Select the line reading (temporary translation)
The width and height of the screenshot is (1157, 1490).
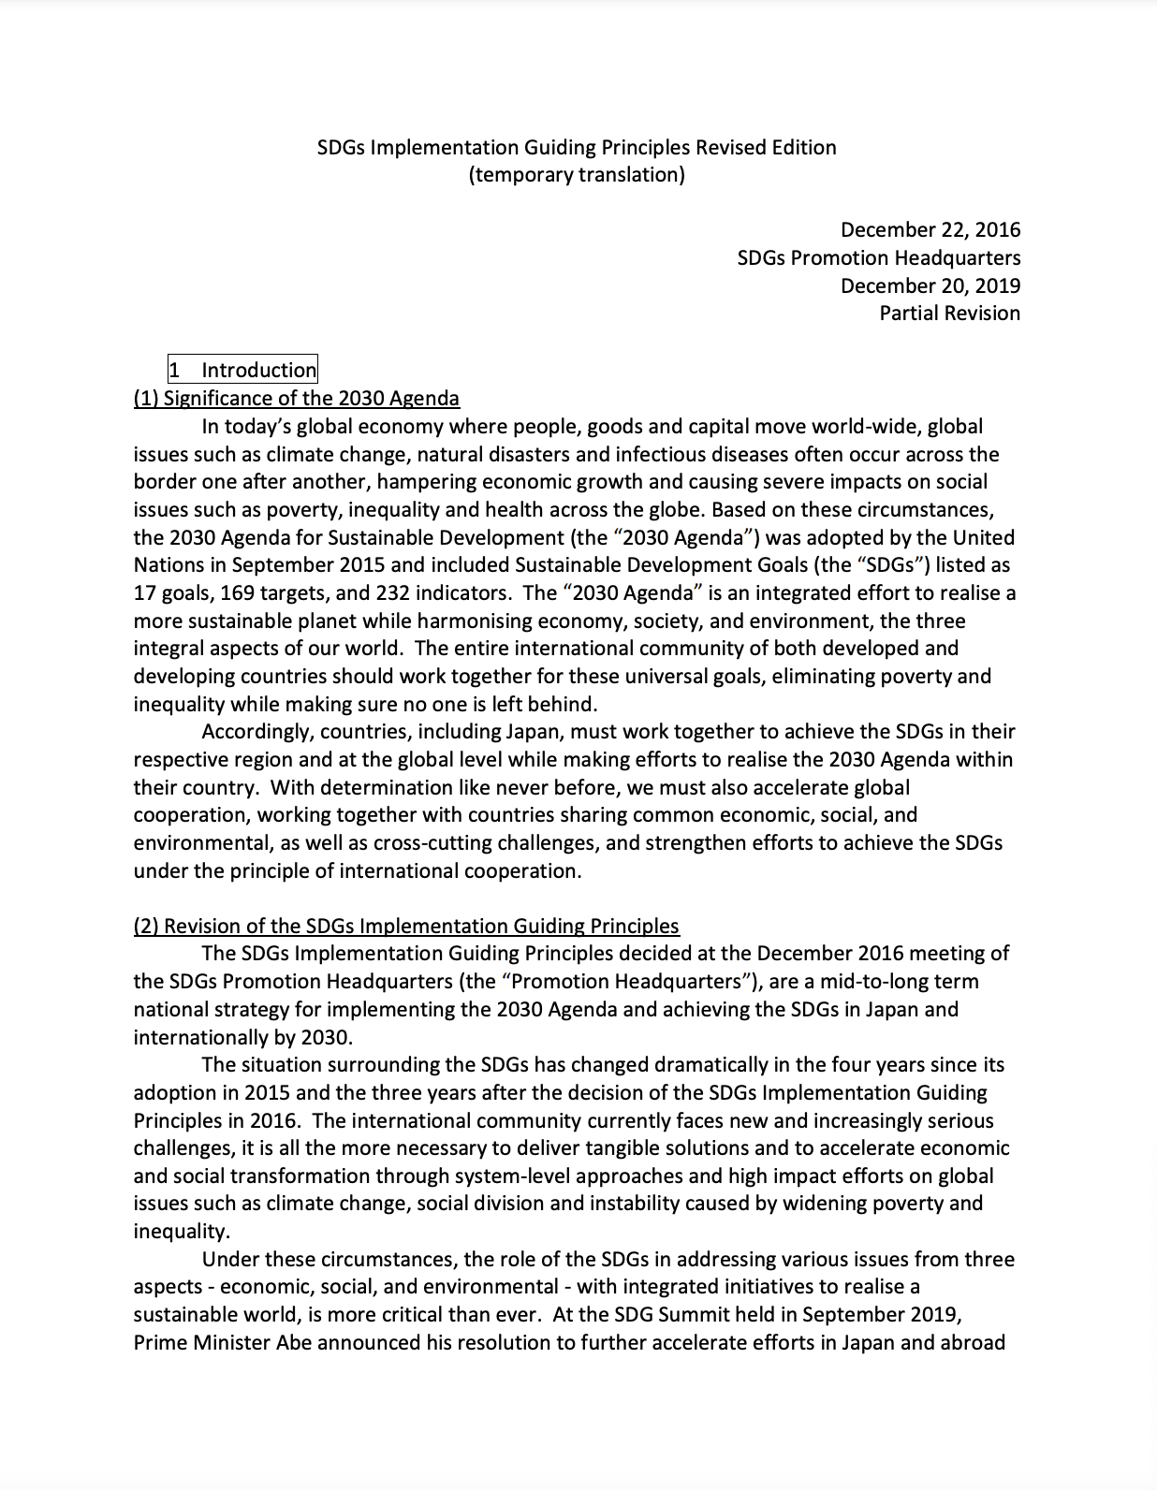coord(577,175)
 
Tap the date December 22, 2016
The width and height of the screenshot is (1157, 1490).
coord(930,230)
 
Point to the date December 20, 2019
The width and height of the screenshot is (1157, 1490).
coord(930,285)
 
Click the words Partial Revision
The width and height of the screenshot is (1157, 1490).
coord(949,314)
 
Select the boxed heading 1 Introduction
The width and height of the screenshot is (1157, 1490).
coord(242,370)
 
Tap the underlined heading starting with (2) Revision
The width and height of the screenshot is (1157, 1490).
coord(406,926)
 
